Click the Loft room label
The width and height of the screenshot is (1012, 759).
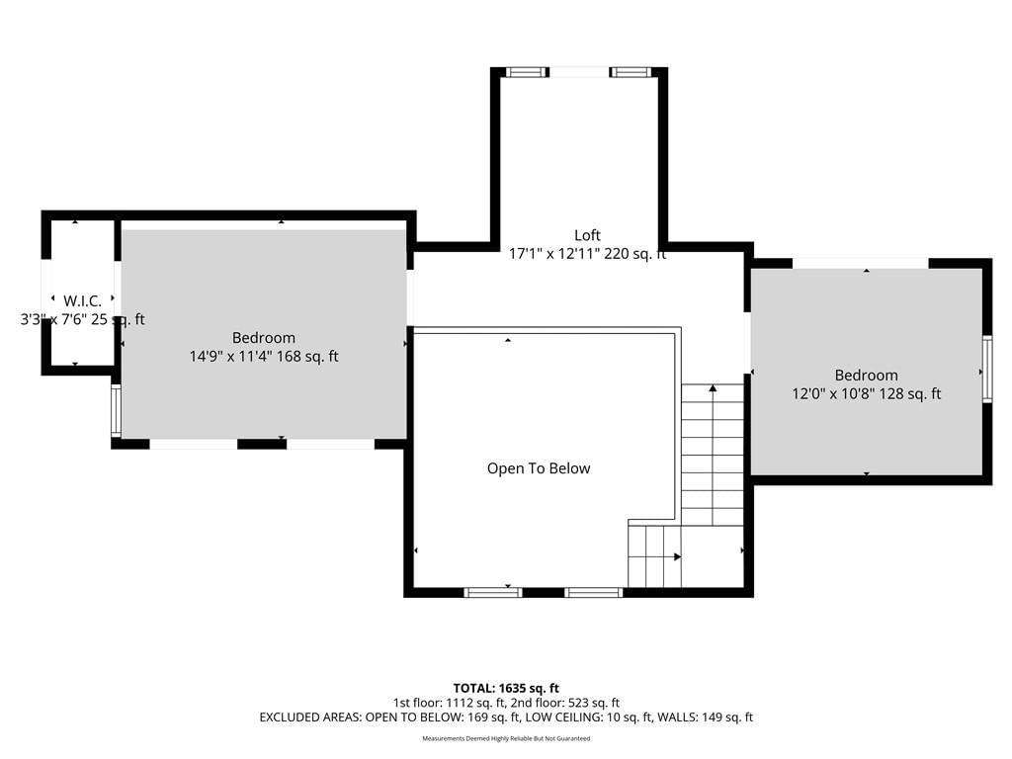coord(587,235)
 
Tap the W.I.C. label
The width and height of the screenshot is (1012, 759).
coord(82,300)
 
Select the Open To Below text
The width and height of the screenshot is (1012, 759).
coord(539,468)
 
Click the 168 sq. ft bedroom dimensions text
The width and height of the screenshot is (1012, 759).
coord(263,356)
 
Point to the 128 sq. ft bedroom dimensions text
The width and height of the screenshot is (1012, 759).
coord(866,393)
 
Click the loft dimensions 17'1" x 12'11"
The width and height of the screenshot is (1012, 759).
coord(587,254)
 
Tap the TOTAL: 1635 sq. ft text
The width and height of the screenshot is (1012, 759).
coord(506,688)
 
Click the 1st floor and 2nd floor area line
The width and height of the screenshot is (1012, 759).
coord(506,703)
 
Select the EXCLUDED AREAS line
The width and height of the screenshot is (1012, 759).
coord(506,717)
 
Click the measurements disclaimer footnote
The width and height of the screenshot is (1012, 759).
coord(506,738)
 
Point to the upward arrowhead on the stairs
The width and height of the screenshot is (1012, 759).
coord(713,388)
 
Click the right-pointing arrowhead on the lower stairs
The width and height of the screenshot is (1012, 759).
coord(677,556)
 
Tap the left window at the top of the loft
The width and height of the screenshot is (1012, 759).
coord(527,72)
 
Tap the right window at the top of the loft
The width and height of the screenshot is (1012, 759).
coord(630,72)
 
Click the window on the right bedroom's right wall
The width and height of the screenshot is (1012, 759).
coord(987,370)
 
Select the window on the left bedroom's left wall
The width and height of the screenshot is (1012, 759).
coord(116,410)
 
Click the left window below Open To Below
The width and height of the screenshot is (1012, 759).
coord(493,593)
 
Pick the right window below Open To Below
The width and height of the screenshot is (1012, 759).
coord(594,593)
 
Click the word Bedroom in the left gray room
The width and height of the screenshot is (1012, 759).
coord(263,338)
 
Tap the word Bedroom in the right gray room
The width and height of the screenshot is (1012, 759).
coord(866,375)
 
